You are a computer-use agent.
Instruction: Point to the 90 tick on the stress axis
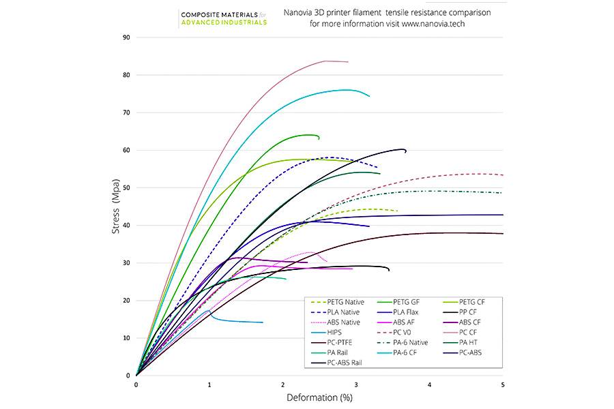tap(126, 37)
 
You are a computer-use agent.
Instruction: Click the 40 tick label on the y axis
tap(126, 226)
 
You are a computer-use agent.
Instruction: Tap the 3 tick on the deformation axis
tap(357, 385)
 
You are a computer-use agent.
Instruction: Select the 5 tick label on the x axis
tap(503, 385)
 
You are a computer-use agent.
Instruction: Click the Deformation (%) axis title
tap(319, 397)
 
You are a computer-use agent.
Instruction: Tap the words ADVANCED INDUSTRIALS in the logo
tap(224, 22)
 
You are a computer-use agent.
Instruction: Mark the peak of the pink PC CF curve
tap(327, 61)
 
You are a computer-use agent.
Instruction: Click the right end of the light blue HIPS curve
tap(263, 322)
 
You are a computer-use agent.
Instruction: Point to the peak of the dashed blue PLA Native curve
tap(332, 157)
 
